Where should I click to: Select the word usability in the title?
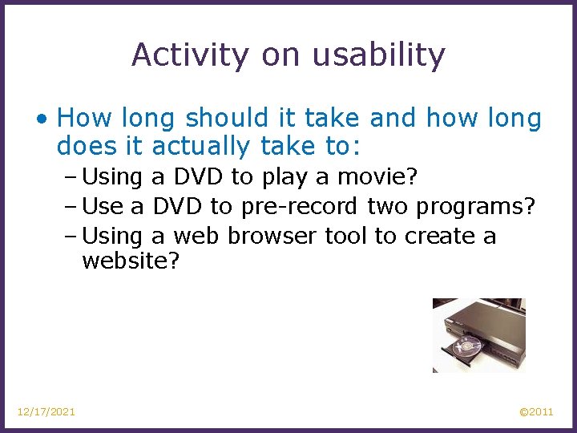(378, 55)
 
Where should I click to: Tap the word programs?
(475, 206)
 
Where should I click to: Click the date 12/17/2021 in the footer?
(46, 411)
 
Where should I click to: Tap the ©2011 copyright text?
(536, 411)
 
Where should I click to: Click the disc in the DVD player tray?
(465, 347)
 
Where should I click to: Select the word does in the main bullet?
(78, 147)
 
